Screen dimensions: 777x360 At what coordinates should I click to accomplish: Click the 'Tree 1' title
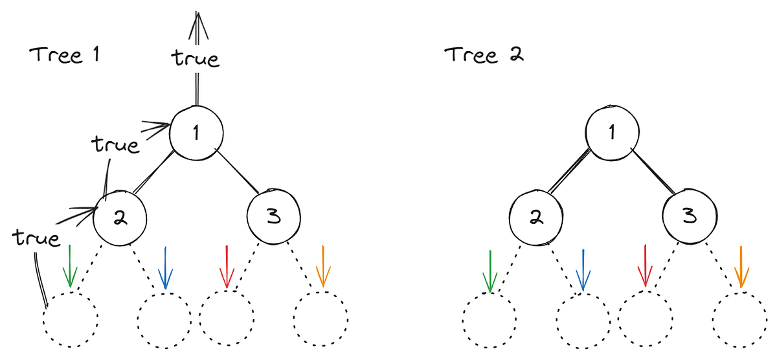pos(64,55)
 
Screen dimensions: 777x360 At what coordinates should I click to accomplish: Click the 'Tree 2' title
pos(484,55)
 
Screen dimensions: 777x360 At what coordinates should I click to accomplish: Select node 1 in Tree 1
pos(196,133)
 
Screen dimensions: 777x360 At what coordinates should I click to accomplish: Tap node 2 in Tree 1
pos(120,218)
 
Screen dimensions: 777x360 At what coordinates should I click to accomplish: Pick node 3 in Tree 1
pos(274,217)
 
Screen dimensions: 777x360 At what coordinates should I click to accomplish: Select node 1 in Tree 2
pos(613,133)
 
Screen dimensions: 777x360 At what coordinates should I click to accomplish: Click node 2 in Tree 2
pos(536,218)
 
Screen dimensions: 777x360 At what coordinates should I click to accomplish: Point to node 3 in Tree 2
pos(690,216)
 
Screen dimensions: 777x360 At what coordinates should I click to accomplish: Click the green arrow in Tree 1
pos(70,266)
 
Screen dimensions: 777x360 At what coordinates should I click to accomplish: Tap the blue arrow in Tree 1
pos(166,268)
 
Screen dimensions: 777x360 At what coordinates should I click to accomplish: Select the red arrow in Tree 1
pos(227,267)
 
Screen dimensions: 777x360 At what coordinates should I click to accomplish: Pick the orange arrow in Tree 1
pos(323,266)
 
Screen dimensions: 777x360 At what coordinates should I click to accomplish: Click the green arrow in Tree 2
pos(490,271)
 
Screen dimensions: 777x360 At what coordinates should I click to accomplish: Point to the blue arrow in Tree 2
pos(583,270)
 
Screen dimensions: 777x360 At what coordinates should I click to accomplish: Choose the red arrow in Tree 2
pos(645,265)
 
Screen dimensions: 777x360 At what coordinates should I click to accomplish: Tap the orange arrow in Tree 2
pos(741,267)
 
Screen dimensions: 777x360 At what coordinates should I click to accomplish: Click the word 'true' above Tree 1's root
pos(196,58)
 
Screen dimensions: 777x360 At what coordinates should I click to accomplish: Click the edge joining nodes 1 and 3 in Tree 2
pos(653,172)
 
